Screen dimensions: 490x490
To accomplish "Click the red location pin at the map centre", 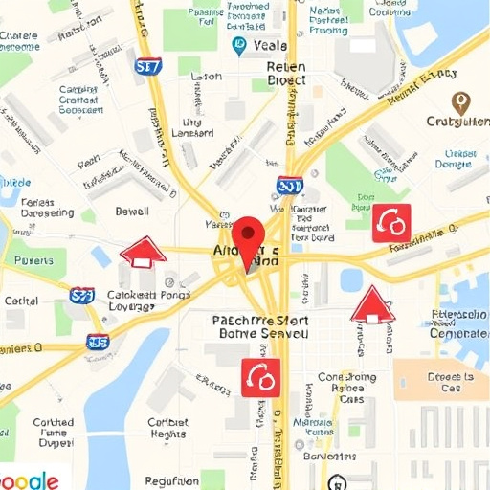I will click(x=248, y=236).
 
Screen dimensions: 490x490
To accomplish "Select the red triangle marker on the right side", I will click(x=372, y=305).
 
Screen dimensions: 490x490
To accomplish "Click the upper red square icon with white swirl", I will click(x=391, y=222).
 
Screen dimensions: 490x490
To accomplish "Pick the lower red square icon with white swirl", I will click(x=261, y=377).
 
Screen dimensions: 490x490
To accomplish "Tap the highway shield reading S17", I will click(x=148, y=66).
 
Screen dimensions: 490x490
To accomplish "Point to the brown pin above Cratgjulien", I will click(x=460, y=102).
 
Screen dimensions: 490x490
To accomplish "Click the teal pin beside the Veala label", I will click(x=238, y=46).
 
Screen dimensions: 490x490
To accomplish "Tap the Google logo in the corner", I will click(x=29, y=479).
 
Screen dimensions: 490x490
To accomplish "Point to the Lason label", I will click(x=206, y=77).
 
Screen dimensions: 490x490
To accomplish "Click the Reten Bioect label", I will click(x=285, y=74).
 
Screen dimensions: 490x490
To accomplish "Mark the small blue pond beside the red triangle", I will click(x=351, y=279).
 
